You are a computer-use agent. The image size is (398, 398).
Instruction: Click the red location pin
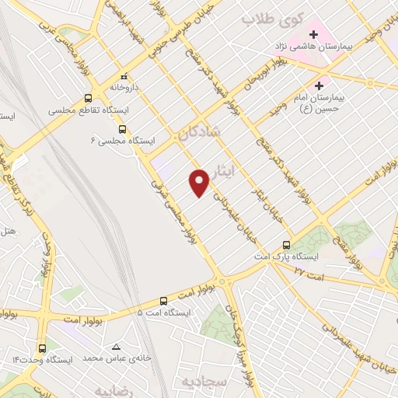pyautogui.click(x=200, y=183)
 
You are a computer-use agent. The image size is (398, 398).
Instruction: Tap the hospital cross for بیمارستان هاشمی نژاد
pyautogui.click(x=314, y=34)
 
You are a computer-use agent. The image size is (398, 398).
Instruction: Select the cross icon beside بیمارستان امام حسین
pyautogui.click(x=319, y=86)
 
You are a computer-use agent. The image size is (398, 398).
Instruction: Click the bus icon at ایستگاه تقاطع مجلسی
pyautogui.click(x=88, y=99)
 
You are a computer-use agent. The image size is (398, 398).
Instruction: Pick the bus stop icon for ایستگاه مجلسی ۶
pyautogui.click(x=122, y=129)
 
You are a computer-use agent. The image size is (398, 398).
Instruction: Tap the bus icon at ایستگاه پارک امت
pyautogui.click(x=288, y=244)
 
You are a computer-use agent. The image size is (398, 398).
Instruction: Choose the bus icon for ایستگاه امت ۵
pyautogui.click(x=163, y=300)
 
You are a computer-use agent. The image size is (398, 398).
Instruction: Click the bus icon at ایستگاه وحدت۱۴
pyautogui.click(x=42, y=348)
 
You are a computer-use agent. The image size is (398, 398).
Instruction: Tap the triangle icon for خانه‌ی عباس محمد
pyautogui.click(x=117, y=347)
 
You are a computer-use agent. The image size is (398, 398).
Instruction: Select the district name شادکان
pyautogui.click(x=199, y=134)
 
